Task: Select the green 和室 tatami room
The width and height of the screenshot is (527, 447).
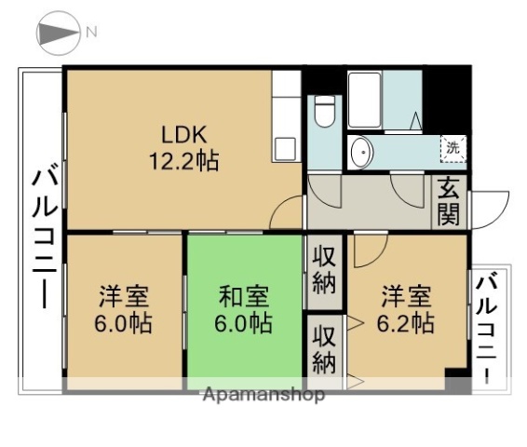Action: pos(246,311)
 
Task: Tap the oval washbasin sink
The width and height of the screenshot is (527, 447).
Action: pos(360,151)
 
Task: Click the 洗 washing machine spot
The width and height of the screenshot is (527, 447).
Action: pos(452,148)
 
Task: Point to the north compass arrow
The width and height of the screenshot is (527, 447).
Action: pos(57,34)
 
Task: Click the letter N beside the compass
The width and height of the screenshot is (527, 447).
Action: pos(91,32)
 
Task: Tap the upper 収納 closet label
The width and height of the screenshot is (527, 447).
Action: pos(323,268)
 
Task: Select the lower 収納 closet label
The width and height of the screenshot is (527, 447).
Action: pos(323,347)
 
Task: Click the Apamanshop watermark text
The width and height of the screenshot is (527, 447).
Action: pos(263,395)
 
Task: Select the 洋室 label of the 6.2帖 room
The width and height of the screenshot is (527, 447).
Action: pos(405,298)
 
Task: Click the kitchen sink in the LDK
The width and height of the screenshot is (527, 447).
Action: pos(285,148)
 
